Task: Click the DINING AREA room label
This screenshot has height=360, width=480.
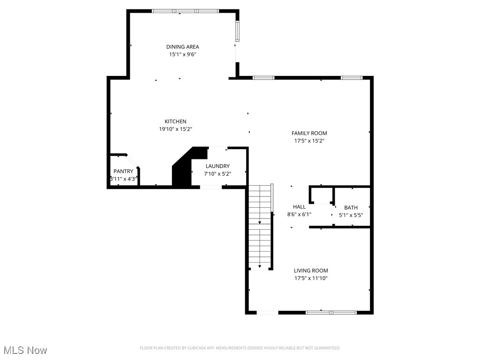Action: click(182, 46)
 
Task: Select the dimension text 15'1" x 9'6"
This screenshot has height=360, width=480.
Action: click(182, 54)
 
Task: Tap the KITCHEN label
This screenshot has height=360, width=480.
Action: click(175, 121)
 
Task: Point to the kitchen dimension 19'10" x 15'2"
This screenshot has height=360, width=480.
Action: click(175, 129)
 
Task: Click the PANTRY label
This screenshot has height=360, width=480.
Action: click(123, 172)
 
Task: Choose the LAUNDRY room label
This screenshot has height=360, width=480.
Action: click(217, 166)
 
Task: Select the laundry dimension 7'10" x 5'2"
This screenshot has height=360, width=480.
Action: click(217, 173)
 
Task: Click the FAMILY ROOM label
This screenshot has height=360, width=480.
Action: click(309, 133)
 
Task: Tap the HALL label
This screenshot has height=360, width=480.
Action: click(299, 207)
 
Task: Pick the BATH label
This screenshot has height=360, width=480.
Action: click(351, 208)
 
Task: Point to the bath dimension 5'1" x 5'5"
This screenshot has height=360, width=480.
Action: click(351, 215)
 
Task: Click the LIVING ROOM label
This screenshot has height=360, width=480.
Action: click(311, 270)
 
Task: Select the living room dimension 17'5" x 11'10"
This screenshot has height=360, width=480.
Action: click(311, 278)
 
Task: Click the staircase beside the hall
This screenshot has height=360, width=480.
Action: click(260, 225)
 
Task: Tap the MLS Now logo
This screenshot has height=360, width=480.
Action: click(25, 350)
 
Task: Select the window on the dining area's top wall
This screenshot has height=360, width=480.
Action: click(185, 11)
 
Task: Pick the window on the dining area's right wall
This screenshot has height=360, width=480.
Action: click(237, 31)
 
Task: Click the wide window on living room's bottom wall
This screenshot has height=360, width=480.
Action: click(331, 312)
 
